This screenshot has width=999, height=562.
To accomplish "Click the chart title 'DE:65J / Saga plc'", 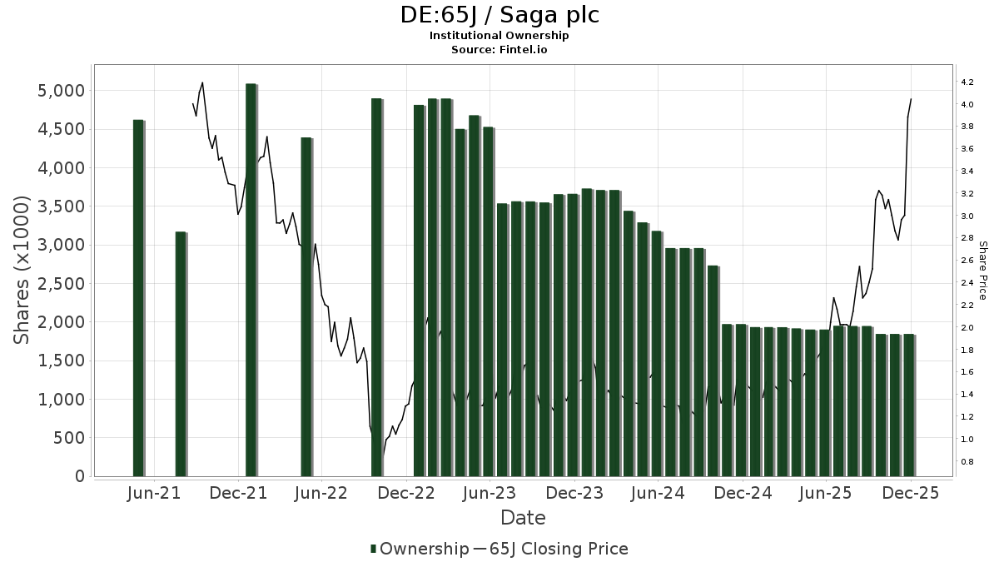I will tap(499, 15).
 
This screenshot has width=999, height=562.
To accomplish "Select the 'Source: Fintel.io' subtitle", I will tap(499, 49).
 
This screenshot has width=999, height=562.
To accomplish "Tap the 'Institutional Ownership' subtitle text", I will tap(499, 36).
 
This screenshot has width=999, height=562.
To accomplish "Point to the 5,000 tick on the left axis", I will tap(62, 90).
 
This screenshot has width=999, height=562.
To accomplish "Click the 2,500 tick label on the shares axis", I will tap(62, 283).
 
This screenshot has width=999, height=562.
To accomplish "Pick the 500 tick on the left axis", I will tap(70, 438).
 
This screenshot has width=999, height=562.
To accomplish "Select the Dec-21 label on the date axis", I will tap(239, 493).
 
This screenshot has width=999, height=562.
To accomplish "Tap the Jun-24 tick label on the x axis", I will tap(658, 493).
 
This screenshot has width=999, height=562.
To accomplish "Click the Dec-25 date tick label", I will tap(911, 493).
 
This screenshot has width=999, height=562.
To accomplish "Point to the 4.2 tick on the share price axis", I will tap(967, 82).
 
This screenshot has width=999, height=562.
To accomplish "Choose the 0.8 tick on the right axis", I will tap(967, 461).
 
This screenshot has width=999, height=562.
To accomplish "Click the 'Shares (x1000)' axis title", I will tap(22, 270).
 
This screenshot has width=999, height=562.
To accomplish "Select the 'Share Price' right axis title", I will tap(982, 271).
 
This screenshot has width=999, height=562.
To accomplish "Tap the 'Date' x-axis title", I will tap(523, 518).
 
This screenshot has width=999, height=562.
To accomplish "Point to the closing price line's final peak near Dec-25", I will tap(911, 99).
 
